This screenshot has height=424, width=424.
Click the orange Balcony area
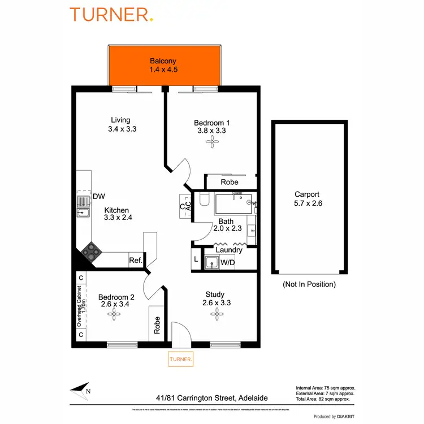pyautogui.click(x=163, y=66)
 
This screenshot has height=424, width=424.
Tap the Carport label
pyautogui.click(x=308, y=194)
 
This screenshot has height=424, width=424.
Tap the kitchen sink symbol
pyautogui.click(x=83, y=212)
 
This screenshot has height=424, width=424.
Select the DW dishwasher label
pyautogui.click(x=99, y=196)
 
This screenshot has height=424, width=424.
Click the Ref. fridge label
pyautogui.click(x=135, y=261)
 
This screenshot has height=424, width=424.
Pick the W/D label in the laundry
pyautogui.click(x=228, y=262)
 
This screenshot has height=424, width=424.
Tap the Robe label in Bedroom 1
pyautogui.click(x=229, y=182)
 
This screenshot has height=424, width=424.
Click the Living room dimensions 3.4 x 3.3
pyautogui.click(x=122, y=129)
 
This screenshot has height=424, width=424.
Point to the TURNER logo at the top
pyautogui.click(x=111, y=15)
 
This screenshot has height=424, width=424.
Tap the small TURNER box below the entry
pyautogui.click(x=181, y=359)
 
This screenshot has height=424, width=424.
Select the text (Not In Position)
pyautogui.click(x=309, y=284)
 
